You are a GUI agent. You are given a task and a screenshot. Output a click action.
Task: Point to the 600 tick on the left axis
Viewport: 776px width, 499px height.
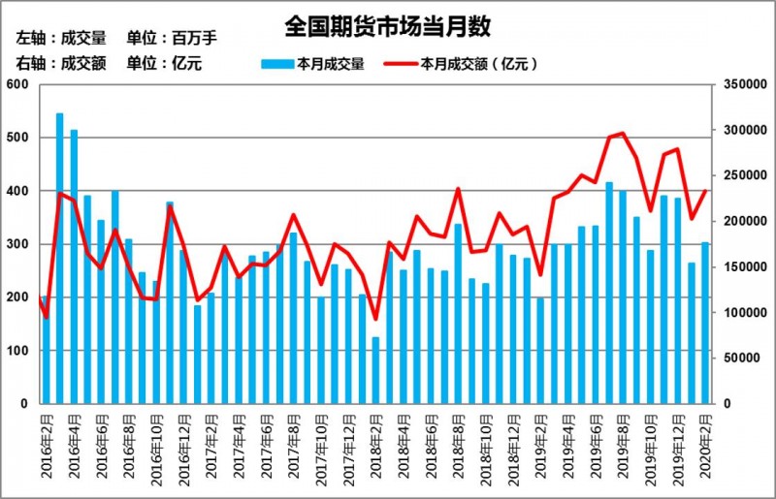coord(19,85)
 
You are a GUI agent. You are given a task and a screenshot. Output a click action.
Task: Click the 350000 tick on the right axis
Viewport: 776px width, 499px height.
coord(737,85)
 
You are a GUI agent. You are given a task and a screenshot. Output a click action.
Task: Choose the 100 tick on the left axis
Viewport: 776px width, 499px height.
coord(19,350)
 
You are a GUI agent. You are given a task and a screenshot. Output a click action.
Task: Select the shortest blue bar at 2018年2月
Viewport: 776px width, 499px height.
coord(375,369)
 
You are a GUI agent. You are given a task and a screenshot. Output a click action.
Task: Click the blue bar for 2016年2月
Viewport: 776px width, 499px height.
coord(46,349)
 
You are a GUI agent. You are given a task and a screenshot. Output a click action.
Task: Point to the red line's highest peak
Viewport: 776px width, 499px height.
coord(622,134)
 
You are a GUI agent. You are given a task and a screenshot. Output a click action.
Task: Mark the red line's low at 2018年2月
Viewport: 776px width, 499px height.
coord(375,319)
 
